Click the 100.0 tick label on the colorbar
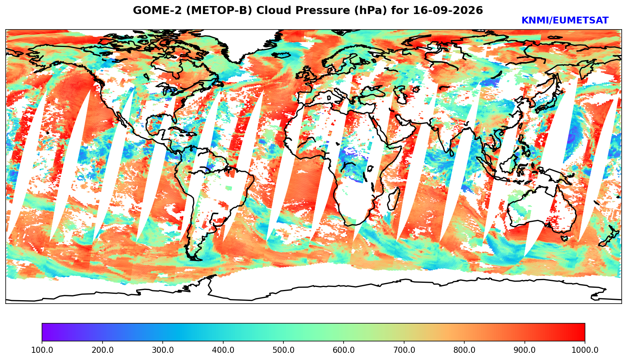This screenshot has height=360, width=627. click(42, 350)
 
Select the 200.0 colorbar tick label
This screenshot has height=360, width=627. click(102, 350)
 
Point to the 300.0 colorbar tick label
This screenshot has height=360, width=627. click(163, 350)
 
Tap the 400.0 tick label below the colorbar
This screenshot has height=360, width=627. click(223, 350)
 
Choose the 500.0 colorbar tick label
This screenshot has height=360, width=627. click(283, 350)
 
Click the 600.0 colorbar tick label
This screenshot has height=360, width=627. click(344, 350)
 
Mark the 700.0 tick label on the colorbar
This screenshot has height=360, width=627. click(404, 350)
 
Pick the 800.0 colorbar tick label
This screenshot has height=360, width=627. click(464, 350)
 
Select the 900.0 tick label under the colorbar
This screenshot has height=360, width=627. click(524, 350)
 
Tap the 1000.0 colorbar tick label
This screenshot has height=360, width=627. click(585, 350)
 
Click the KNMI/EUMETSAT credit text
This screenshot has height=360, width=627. click(565, 20)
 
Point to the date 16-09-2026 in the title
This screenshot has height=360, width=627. click(448, 11)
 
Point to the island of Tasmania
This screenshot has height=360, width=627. click(564, 238)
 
